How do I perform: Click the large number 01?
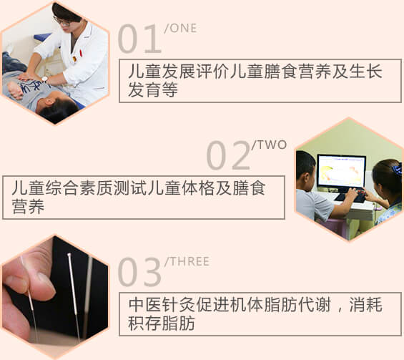click(x=139, y=39)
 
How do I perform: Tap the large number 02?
click(x=228, y=155)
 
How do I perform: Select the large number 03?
click(x=139, y=272)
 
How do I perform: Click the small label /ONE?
click(x=180, y=28)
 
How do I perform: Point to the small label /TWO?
click(x=269, y=145)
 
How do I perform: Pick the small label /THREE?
click(x=187, y=261)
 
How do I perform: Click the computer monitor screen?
click(x=341, y=171)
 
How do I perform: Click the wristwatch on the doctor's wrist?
click(x=44, y=79)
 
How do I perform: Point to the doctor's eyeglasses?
click(x=61, y=21)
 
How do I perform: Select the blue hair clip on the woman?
click(x=397, y=169)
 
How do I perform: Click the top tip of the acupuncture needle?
click(x=69, y=254)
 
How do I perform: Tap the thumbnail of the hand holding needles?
click(x=16, y=283)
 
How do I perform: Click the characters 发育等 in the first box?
click(x=153, y=89)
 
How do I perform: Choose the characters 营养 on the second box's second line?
click(x=28, y=206)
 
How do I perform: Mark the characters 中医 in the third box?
click(x=145, y=305)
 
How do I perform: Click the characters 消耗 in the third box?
click(x=365, y=305)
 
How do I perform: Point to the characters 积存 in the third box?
click(x=144, y=323)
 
